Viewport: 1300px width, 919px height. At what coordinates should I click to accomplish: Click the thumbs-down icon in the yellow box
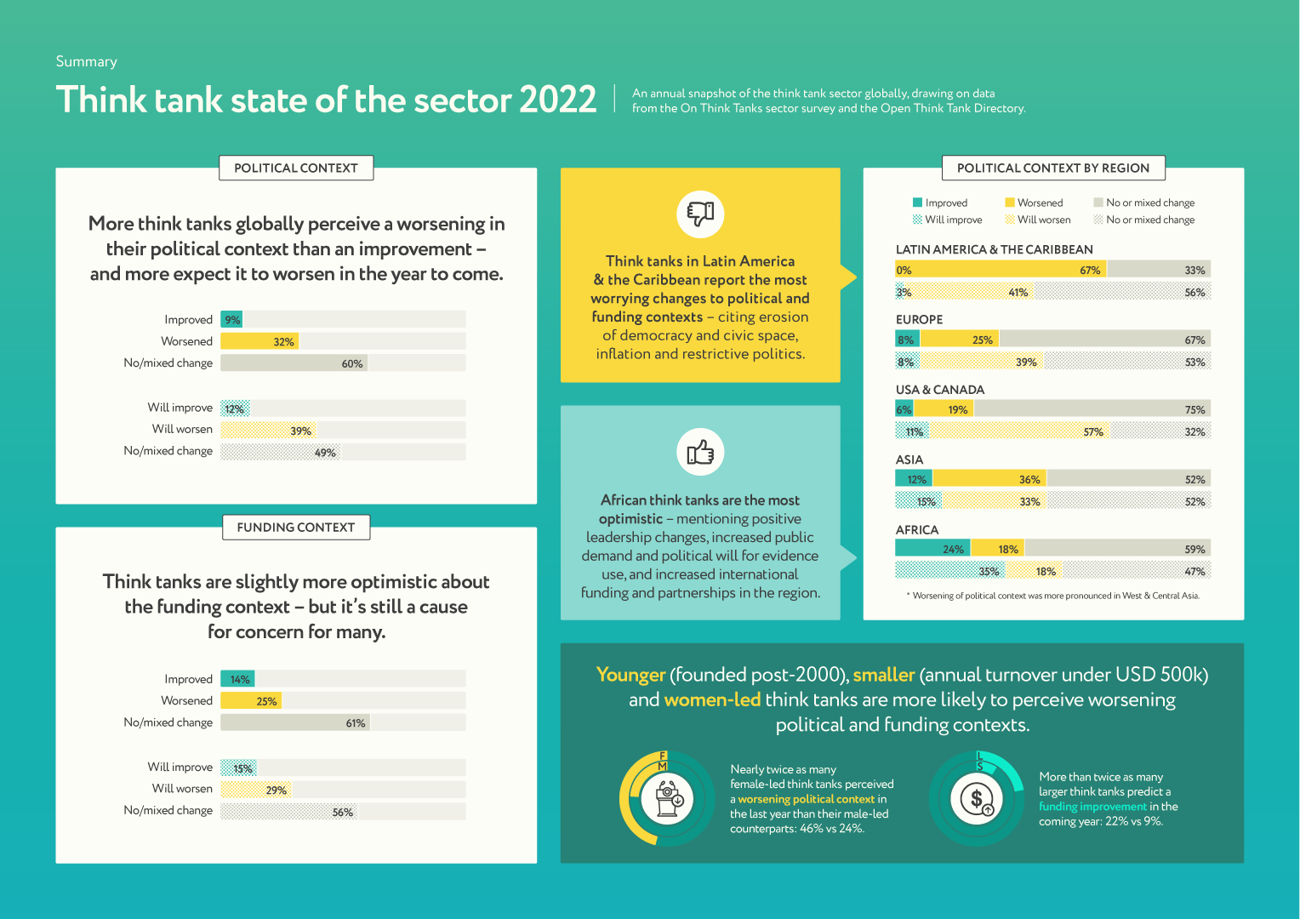(700, 214)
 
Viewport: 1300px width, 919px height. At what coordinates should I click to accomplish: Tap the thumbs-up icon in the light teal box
(700, 452)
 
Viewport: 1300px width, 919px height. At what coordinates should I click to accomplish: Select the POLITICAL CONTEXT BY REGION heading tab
(1053, 168)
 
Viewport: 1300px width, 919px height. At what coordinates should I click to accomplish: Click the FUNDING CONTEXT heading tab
(296, 528)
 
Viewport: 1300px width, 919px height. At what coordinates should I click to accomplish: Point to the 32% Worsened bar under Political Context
(259, 341)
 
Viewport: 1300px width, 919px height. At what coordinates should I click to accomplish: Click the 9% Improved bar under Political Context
(231, 320)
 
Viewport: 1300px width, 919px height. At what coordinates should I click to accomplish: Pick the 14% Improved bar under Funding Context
(237, 679)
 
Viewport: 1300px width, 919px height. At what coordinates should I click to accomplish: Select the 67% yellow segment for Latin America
(1001, 270)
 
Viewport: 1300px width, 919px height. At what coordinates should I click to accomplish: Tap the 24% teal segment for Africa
(932, 549)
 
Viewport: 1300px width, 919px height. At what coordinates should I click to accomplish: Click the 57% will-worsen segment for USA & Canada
(1019, 431)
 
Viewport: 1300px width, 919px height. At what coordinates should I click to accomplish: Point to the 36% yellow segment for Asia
(989, 479)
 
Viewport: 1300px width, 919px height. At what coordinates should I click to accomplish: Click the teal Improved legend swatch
(917, 203)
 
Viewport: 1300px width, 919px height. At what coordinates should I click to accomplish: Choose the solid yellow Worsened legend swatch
(1010, 203)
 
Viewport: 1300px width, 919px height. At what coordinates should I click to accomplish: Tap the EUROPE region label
(919, 319)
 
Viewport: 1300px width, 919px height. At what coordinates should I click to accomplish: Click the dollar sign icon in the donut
(977, 798)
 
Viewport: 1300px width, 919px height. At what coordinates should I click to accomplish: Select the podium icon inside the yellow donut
(667, 798)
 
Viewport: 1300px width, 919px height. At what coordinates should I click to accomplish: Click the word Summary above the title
(87, 61)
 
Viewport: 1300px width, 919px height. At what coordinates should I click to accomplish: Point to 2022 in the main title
(558, 100)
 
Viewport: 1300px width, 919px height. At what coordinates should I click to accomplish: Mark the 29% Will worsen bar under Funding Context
(256, 790)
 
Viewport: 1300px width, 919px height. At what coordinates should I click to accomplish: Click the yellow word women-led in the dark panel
(700, 699)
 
